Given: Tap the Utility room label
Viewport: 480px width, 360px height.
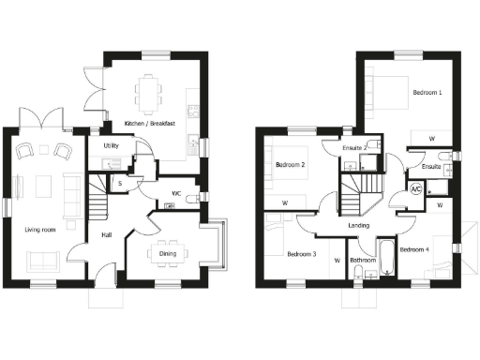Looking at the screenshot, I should click(111, 146).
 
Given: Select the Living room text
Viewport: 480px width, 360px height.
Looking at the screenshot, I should click(37, 228).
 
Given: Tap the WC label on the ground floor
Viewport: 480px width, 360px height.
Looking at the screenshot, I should click(176, 195).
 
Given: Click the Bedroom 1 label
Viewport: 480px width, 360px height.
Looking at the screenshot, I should click(427, 94).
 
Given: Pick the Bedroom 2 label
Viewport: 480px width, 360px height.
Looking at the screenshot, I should click(290, 166).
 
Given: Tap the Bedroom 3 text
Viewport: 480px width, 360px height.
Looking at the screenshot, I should click(301, 254).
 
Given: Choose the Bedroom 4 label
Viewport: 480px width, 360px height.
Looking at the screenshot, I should click(413, 249).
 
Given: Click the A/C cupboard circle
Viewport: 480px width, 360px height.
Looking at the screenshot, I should click(415, 187).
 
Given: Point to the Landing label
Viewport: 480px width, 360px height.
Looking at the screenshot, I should click(358, 226).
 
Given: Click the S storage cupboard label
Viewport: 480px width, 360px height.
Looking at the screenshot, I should click(121, 184).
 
